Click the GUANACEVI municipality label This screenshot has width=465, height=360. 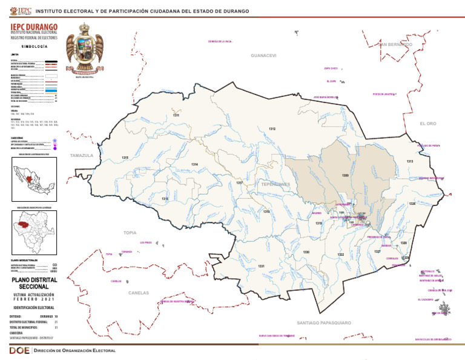263,56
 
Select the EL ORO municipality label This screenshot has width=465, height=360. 427,124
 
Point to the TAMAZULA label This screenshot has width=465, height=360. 82,156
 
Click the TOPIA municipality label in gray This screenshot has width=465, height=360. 130,233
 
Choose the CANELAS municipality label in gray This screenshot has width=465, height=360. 139,293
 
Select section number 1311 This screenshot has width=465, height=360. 176,115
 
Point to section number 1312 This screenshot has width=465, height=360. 272,129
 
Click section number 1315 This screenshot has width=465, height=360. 125,158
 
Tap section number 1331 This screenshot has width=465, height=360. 261,266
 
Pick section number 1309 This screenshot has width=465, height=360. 345,175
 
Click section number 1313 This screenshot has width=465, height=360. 410,161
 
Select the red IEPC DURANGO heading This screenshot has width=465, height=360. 34,27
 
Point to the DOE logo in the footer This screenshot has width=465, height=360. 16,352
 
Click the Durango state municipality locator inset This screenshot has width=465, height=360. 34,233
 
